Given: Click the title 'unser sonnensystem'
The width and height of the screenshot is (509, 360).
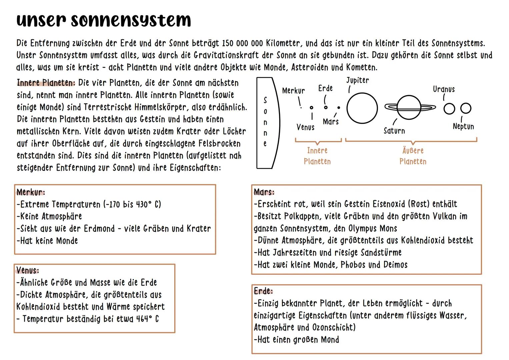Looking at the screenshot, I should pos(104,20).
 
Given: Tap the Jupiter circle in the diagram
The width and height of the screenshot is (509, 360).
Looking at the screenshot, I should pos(362,108).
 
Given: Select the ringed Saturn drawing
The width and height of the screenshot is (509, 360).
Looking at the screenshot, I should pos(410,107).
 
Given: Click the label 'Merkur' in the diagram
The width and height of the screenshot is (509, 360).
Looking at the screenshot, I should pos(293,91).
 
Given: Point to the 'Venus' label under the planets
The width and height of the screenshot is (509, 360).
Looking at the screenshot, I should pos(305,127).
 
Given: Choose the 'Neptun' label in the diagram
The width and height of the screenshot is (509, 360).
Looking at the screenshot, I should pos(463,126).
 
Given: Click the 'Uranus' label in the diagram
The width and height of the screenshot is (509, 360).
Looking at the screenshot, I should pos(444,89).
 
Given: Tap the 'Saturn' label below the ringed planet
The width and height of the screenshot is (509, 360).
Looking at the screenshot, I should pos(394,131).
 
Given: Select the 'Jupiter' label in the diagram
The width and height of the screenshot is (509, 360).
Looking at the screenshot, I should pos(357,80).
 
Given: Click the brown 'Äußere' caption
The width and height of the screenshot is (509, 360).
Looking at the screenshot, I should pos(413,151).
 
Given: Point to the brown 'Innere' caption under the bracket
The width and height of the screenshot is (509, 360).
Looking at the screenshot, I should pos(317,151).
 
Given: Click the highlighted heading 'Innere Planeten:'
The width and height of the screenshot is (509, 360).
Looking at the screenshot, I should pos(46,83).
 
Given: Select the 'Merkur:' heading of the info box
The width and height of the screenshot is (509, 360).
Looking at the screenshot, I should pos(31,192).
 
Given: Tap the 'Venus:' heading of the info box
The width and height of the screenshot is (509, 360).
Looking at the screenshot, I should pos(28,270).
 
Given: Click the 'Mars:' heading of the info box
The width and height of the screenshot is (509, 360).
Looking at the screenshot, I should pos(264,192).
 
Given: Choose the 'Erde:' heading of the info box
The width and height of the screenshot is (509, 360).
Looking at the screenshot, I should pos(263,291).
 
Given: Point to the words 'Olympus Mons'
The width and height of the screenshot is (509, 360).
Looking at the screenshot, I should pos(373,229).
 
